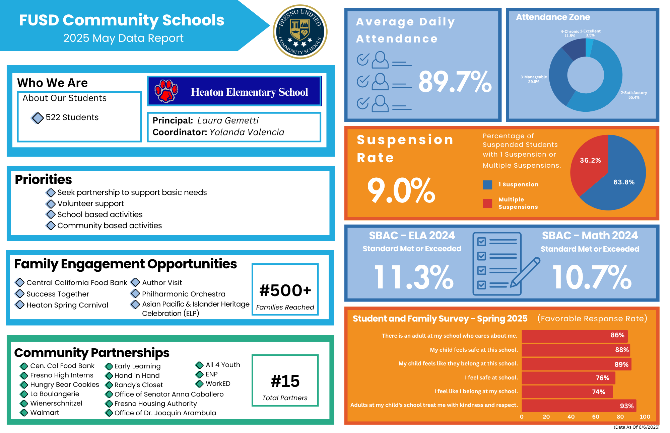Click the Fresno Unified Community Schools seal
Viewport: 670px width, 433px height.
300,32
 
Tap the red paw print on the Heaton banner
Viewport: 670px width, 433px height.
166,91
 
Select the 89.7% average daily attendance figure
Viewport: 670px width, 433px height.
455,82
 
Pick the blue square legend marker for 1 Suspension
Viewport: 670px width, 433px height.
487,185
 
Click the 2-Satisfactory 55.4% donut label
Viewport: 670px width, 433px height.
633,95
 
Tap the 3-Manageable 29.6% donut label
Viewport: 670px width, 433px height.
534,79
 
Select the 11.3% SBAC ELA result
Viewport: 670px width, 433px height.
414,277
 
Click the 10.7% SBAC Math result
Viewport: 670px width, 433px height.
592,277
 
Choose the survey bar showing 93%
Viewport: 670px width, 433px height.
579,406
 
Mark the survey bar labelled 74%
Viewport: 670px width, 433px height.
567,392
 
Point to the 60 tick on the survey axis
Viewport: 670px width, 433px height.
596,417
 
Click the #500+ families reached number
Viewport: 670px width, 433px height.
285,290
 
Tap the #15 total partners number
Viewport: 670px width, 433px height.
285,381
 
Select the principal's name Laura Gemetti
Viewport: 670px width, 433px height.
228,120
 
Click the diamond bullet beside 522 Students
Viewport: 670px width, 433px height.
38,118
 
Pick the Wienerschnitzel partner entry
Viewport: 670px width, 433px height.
56,403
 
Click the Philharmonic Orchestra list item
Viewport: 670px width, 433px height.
183,294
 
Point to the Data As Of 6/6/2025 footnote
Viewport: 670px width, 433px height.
636,427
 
